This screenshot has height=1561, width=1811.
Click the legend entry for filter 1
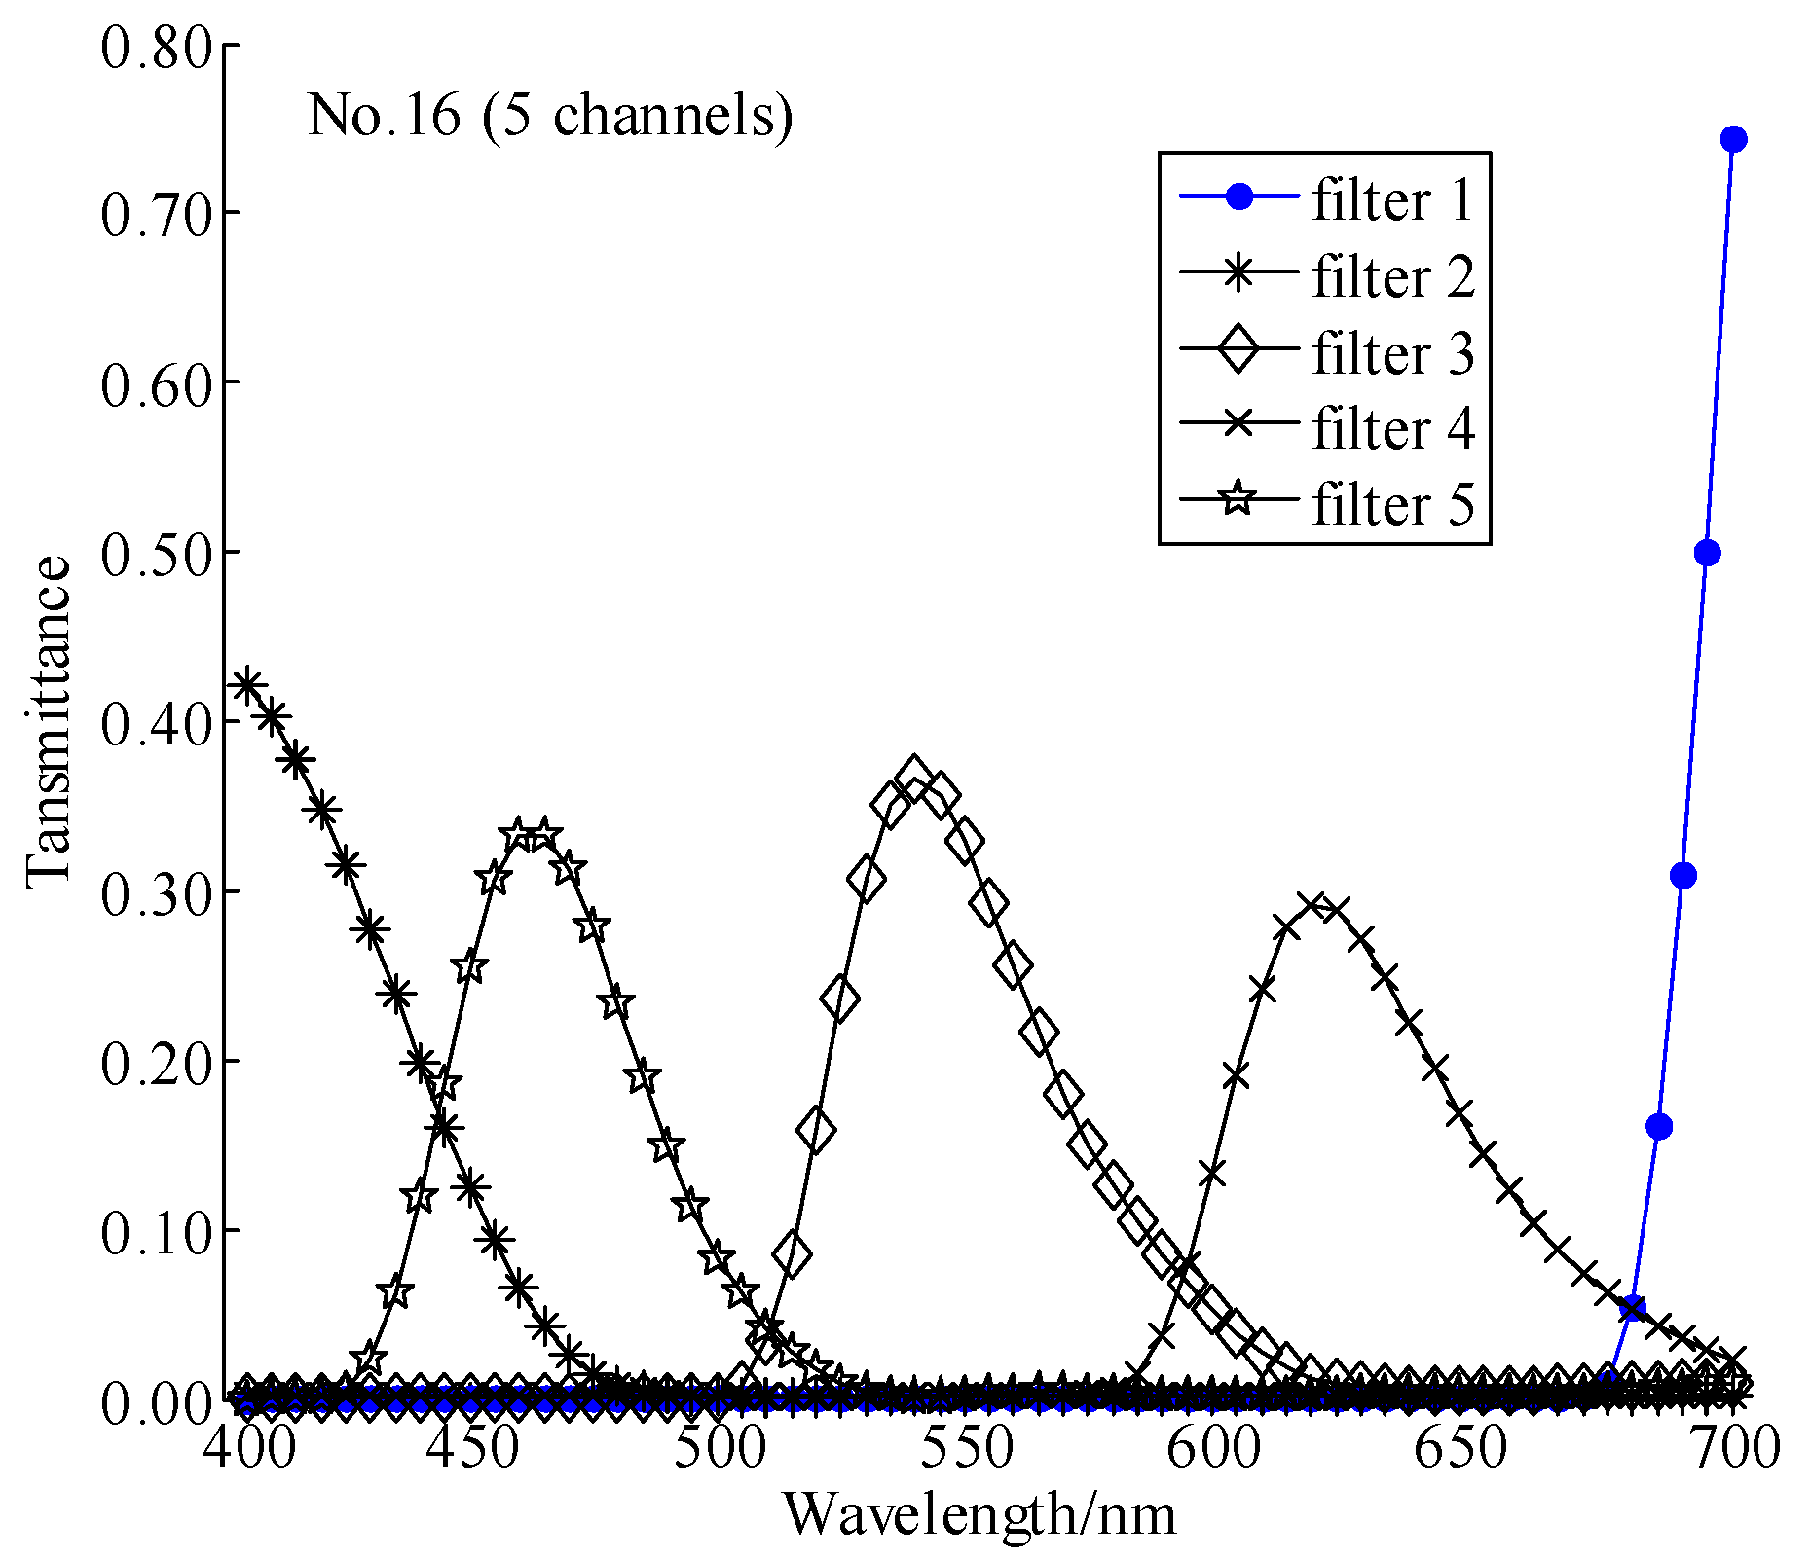click(1392, 200)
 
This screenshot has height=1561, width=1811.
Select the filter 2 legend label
click(1392, 276)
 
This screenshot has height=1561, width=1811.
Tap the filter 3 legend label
click(1392, 352)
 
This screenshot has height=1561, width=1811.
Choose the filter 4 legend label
click(1392, 428)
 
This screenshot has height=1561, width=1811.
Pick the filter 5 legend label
click(1392, 504)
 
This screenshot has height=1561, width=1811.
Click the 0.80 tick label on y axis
click(156, 46)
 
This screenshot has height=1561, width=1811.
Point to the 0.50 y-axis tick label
click(156, 552)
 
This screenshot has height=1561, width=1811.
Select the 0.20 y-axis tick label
click(156, 1061)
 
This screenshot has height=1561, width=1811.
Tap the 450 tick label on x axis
click(488, 1447)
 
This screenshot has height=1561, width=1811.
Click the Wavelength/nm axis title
click(979, 1515)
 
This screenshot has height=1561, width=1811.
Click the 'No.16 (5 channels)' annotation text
click(550, 116)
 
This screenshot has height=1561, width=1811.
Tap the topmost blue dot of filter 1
click(1733, 139)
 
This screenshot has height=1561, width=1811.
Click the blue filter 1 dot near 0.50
click(1707, 553)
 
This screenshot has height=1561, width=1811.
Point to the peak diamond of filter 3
click(913, 776)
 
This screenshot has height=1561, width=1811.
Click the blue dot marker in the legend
click(1238, 198)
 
